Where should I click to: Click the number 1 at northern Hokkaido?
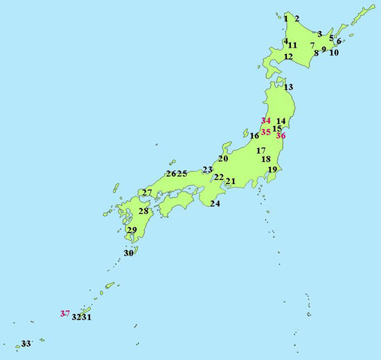(286, 19)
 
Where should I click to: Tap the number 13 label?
(288, 87)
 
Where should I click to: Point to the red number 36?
(281, 136)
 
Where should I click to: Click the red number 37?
(64, 314)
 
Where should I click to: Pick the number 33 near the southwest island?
(26, 343)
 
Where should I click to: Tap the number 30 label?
(128, 253)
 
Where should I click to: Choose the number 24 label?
(215, 204)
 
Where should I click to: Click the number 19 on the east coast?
(272, 170)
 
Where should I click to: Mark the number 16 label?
(254, 136)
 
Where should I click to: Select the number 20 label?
(223, 159)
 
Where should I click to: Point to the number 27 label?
(147, 192)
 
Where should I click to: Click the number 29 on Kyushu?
(132, 231)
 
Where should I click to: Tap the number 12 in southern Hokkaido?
(288, 57)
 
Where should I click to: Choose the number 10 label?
(334, 53)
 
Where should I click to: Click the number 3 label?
(319, 33)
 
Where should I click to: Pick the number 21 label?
(231, 181)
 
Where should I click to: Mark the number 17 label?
(261, 150)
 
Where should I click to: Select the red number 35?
(266, 131)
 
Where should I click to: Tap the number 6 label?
(339, 42)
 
